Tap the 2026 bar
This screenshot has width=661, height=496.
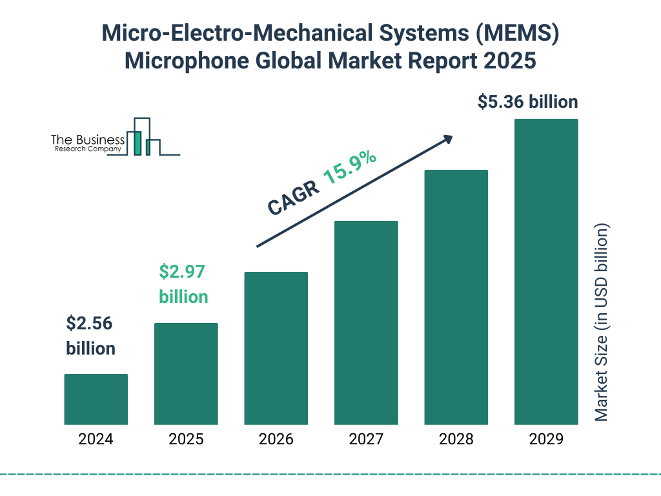point(276,348)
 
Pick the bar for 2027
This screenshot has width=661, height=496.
point(366,323)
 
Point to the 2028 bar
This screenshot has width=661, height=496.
point(456,297)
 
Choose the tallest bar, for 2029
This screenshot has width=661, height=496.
point(546,272)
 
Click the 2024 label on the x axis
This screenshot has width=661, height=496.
point(96,440)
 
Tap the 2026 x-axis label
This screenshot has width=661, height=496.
point(276,440)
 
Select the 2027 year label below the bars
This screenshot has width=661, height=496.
point(366,440)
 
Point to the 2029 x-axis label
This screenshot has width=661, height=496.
point(546,440)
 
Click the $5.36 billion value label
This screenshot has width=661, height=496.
point(527,102)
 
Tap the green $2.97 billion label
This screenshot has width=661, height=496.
point(183,284)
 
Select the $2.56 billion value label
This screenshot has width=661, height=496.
point(91,336)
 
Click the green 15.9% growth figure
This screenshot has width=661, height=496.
point(350,168)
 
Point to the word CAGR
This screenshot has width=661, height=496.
point(293,198)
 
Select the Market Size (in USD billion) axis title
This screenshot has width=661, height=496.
point(602,323)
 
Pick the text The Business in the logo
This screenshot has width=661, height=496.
point(88,140)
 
